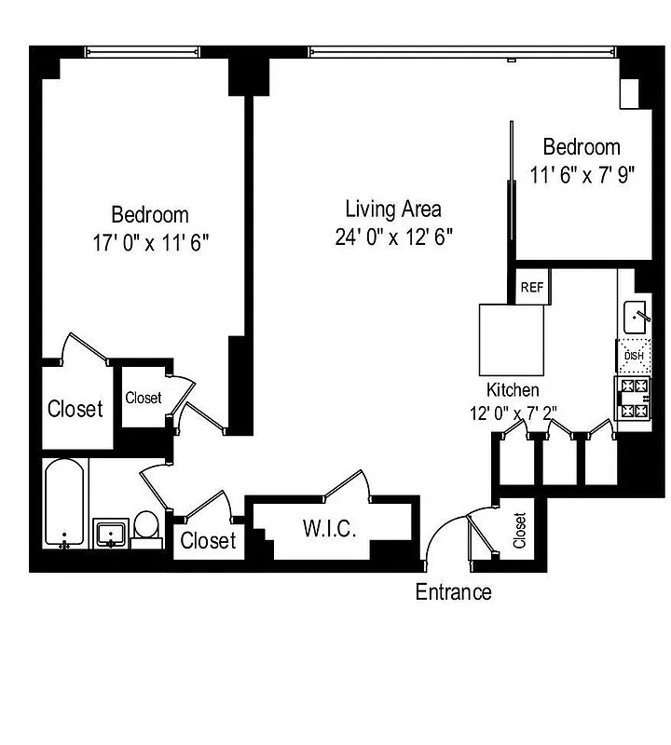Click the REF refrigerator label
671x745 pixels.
pyautogui.click(x=532, y=288)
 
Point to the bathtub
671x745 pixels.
pyautogui.click(x=66, y=503)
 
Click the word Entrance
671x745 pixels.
pyautogui.click(x=453, y=591)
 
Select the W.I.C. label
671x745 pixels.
pyautogui.click(x=326, y=529)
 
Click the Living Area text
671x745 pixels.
pyautogui.click(x=393, y=209)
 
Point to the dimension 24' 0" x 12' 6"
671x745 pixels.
pyautogui.click(x=394, y=237)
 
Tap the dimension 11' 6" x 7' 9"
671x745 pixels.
pyautogui.click(x=582, y=174)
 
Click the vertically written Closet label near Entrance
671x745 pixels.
pyautogui.click(x=520, y=531)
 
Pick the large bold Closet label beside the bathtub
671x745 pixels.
pyautogui.click(x=75, y=408)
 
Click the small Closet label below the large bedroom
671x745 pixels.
pyautogui.click(x=143, y=398)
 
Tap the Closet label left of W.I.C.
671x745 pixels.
pyautogui.click(x=208, y=540)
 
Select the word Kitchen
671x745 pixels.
pyautogui.click(x=513, y=390)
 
